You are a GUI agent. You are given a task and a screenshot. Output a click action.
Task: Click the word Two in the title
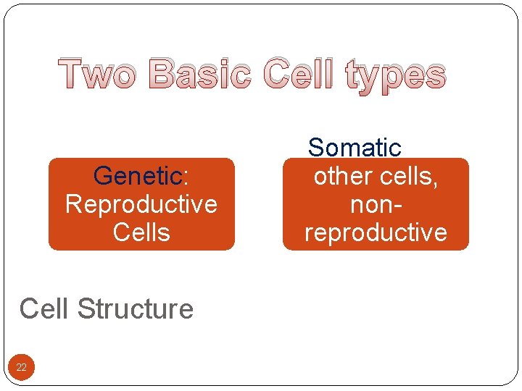(100, 75)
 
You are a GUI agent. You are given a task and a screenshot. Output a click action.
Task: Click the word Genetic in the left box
(138, 176)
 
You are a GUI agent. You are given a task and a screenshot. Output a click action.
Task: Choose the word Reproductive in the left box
(141, 205)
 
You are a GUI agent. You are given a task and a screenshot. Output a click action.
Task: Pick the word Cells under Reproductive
(141, 233)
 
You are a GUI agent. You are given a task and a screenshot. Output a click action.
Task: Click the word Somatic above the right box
(355, 148)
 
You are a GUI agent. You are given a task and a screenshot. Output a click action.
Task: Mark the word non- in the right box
(376, 205)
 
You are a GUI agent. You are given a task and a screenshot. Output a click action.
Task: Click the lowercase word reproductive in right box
(376, 233)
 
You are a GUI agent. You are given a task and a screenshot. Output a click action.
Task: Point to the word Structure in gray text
(136, 309)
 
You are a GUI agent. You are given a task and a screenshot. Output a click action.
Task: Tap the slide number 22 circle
(21, 368)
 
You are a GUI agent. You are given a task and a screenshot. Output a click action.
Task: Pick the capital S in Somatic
(316, 148)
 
